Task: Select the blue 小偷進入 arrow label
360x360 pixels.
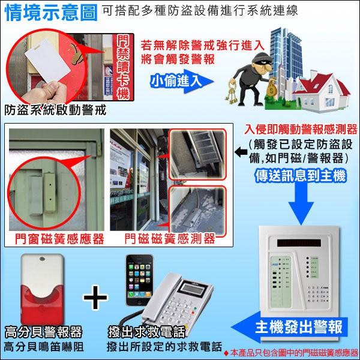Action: point(174,80)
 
